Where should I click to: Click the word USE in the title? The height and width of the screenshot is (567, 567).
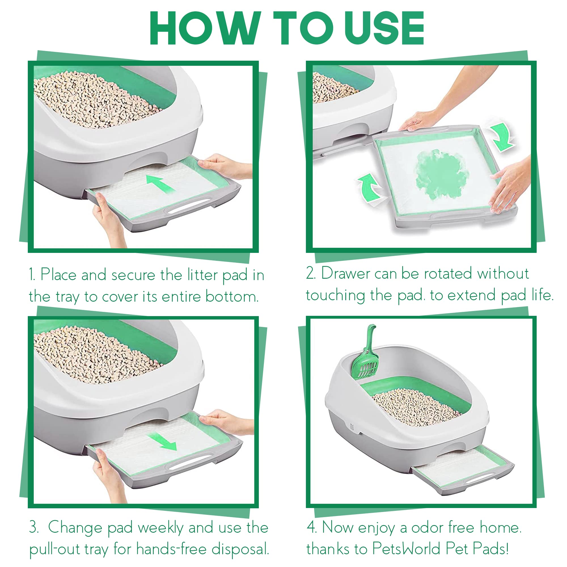(x=384, y=28)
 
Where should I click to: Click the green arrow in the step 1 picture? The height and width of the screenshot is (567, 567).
(x=160, y=184)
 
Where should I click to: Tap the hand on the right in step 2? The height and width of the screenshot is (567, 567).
(x=511, y=185)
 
